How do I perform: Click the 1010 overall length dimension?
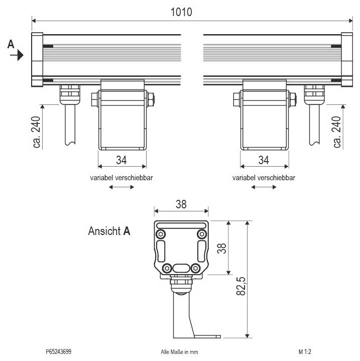[x=181, y=12]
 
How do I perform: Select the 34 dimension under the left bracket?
[x=122, y=160]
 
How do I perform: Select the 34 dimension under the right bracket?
[x=264, y=160]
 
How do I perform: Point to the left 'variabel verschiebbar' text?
[x=122, y=178]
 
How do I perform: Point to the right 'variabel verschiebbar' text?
[x=264, y=178]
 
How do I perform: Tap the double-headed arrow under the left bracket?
[x=122, y=187]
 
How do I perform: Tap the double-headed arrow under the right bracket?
[x=264, y=187]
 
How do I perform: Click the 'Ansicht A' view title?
[x=109, y=231]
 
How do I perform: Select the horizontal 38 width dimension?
[x=182, y=204]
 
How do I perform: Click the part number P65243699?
[x=58, y=352]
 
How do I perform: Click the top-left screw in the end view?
[x=161, y=234]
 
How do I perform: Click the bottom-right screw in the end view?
[x=202, y=268]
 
